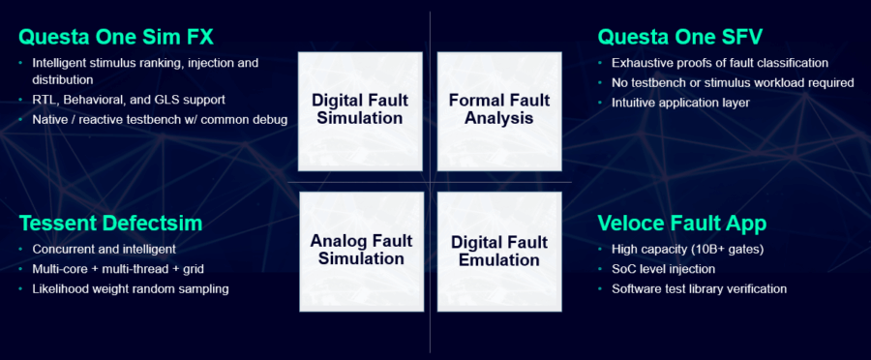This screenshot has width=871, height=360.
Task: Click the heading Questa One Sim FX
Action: coord(115,38)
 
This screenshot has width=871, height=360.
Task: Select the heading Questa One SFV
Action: coord(679,38)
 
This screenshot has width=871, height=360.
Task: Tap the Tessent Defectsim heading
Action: coord(110,225)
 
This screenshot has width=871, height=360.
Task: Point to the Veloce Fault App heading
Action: coord(682,225)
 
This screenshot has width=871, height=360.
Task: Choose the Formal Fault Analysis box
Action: coord(498,109)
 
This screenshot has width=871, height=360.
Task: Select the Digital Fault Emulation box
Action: coord(498,250)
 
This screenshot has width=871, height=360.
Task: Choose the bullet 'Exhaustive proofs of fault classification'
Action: coord(719,63)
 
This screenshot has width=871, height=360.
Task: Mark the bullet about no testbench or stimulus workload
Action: coord(732,82)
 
